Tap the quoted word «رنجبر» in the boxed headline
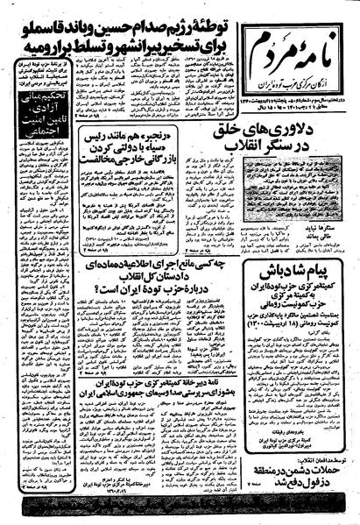pos(180,137)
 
